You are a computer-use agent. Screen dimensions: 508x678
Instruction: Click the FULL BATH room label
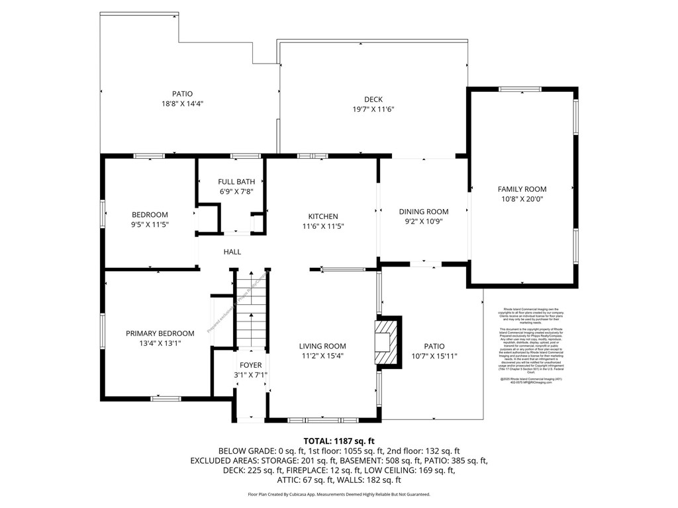236,181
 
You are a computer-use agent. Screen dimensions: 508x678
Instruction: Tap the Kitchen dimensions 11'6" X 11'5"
323,226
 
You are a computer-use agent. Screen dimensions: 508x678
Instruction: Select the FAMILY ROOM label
522,189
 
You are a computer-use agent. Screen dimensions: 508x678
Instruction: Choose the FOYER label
250,365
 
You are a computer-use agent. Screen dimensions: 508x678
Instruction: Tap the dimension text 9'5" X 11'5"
150,224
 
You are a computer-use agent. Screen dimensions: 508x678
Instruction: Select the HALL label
232,252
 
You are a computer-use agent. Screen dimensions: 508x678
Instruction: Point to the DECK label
373,100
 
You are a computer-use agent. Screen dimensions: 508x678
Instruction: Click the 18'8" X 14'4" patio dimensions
182,104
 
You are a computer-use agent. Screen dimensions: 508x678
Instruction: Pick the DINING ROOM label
424,212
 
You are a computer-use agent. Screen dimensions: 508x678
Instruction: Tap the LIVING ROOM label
322,346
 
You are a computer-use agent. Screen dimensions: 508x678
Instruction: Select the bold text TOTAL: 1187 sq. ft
339,441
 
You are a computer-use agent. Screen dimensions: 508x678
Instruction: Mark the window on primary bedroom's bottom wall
166,398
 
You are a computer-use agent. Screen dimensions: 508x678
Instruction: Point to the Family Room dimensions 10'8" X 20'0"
522,198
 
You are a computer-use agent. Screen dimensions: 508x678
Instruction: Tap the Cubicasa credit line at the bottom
339,494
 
